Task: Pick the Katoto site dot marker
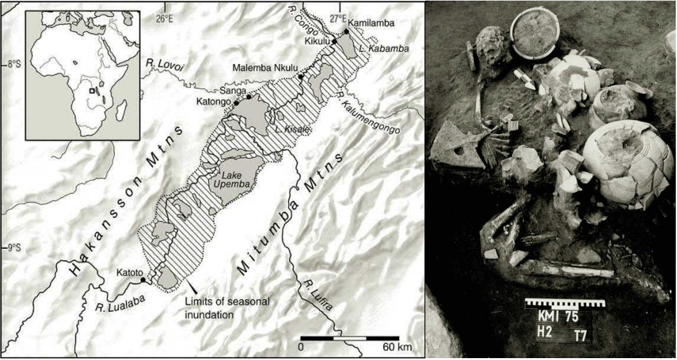(143, 280)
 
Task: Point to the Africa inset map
(82, 75)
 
